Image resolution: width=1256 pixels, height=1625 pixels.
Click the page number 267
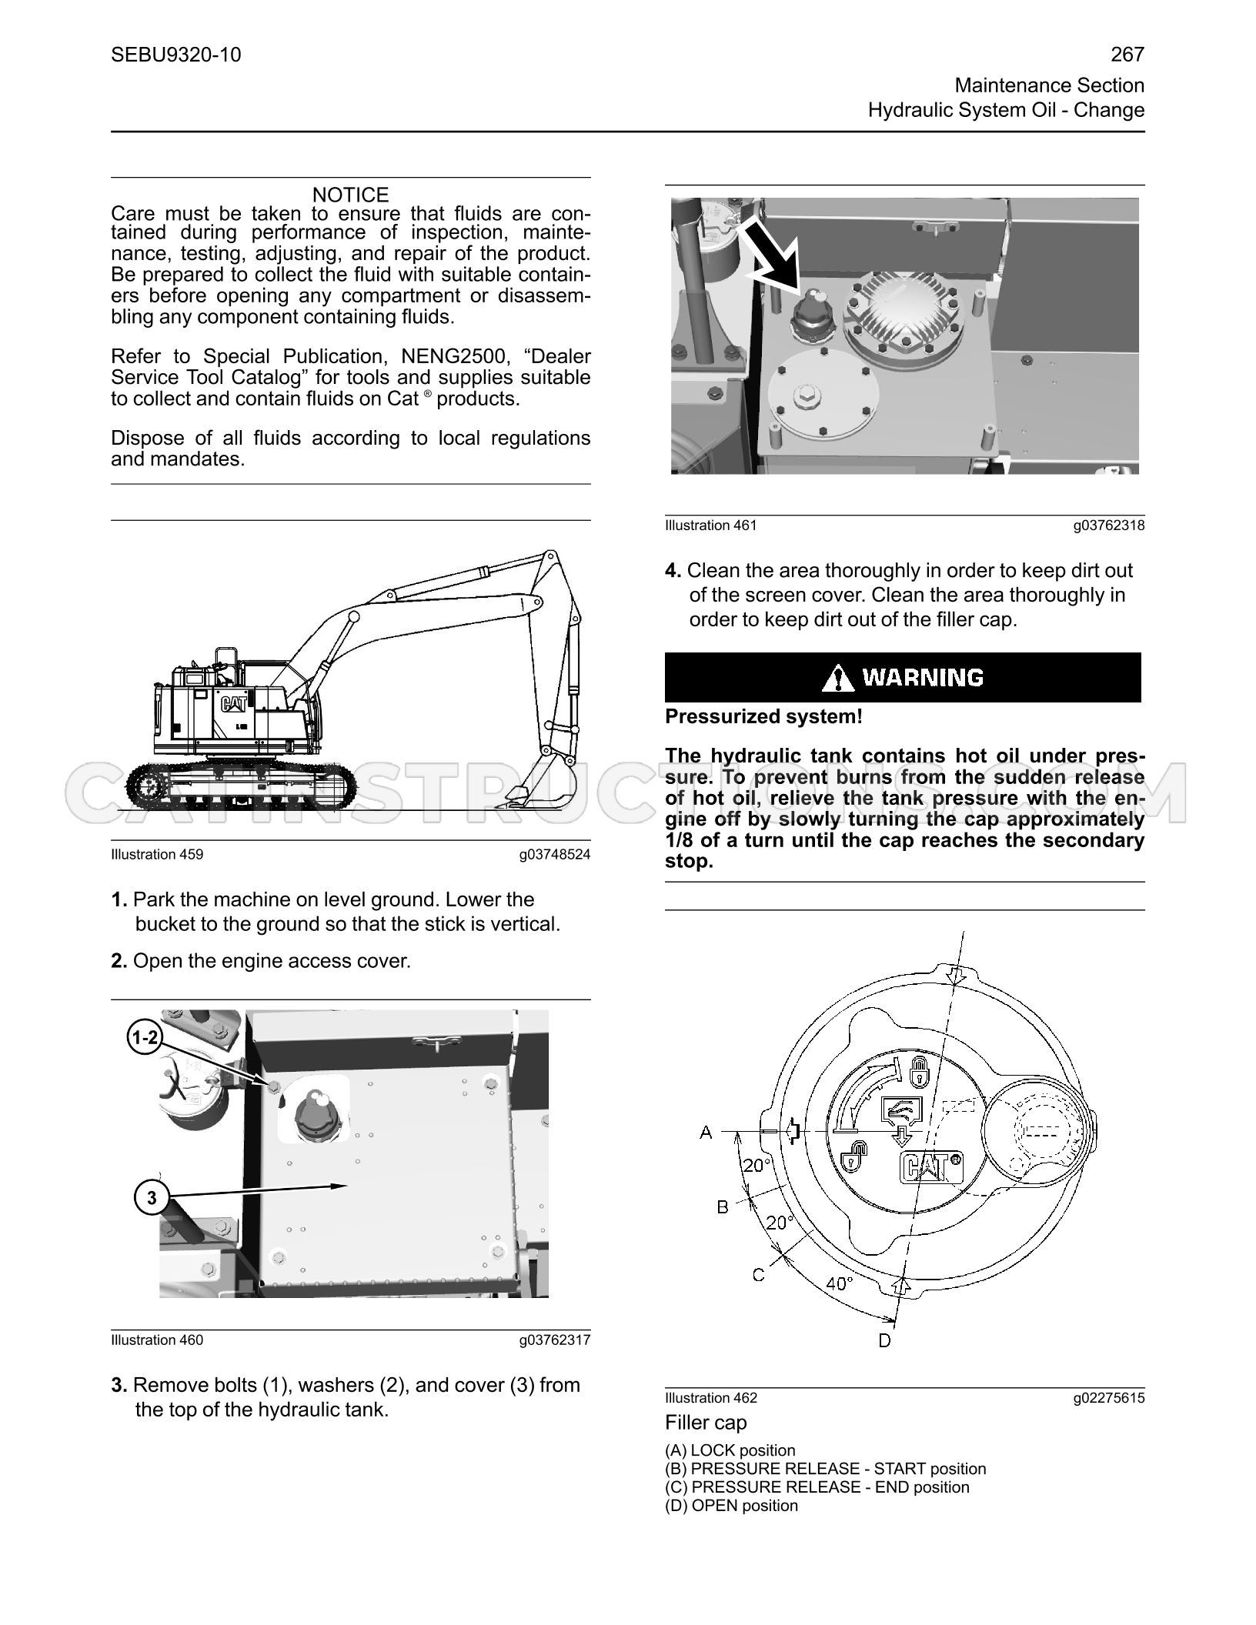click(x=1127, y=55)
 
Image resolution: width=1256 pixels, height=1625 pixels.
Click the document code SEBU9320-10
click(x=176, y=55)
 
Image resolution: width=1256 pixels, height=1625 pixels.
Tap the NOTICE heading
click(x=351, y=195)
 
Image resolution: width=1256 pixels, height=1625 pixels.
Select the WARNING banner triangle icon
click(x=837, y=678)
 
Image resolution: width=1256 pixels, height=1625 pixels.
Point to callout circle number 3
click(x=152, y=1198)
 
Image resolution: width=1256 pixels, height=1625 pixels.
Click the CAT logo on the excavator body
click(x=235, y=703)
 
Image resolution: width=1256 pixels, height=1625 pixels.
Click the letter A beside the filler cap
click(x=706, y=1132)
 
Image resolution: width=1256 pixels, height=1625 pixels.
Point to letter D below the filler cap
click(x=884, y=1341)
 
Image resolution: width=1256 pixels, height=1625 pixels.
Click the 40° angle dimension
click(x=839, y=1283)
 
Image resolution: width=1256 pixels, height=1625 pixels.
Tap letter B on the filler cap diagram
click(x=723, y=1207)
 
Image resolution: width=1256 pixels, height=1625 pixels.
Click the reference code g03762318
click(x=1109, y=526)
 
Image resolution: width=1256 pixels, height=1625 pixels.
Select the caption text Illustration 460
click(x=157, y=1340)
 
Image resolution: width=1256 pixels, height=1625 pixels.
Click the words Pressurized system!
click(x=763, y=717)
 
